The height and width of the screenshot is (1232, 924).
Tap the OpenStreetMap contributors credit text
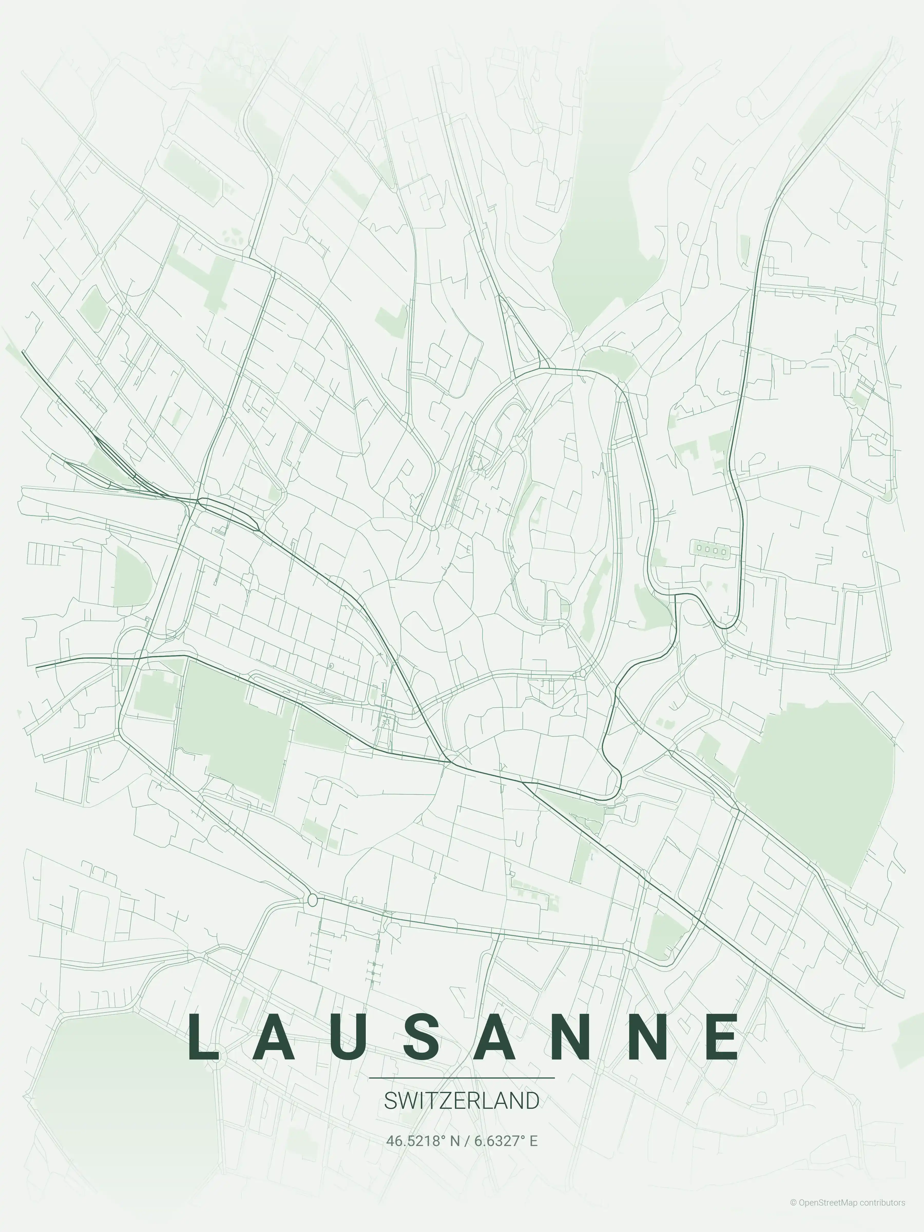(852, 1218)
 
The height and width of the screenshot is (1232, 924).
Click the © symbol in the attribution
(793, 1218)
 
